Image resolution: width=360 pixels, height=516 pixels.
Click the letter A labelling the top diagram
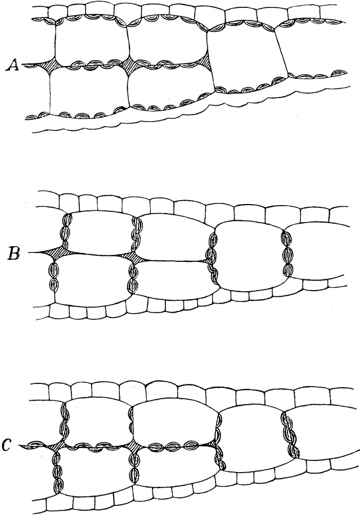[x=14, y=65]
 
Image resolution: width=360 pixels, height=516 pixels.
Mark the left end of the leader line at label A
[x=22, y=65]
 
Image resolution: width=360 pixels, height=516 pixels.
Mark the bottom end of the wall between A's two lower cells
[x=129, y=106]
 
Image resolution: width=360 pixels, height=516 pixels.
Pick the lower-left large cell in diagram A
[x=89, y=89]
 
